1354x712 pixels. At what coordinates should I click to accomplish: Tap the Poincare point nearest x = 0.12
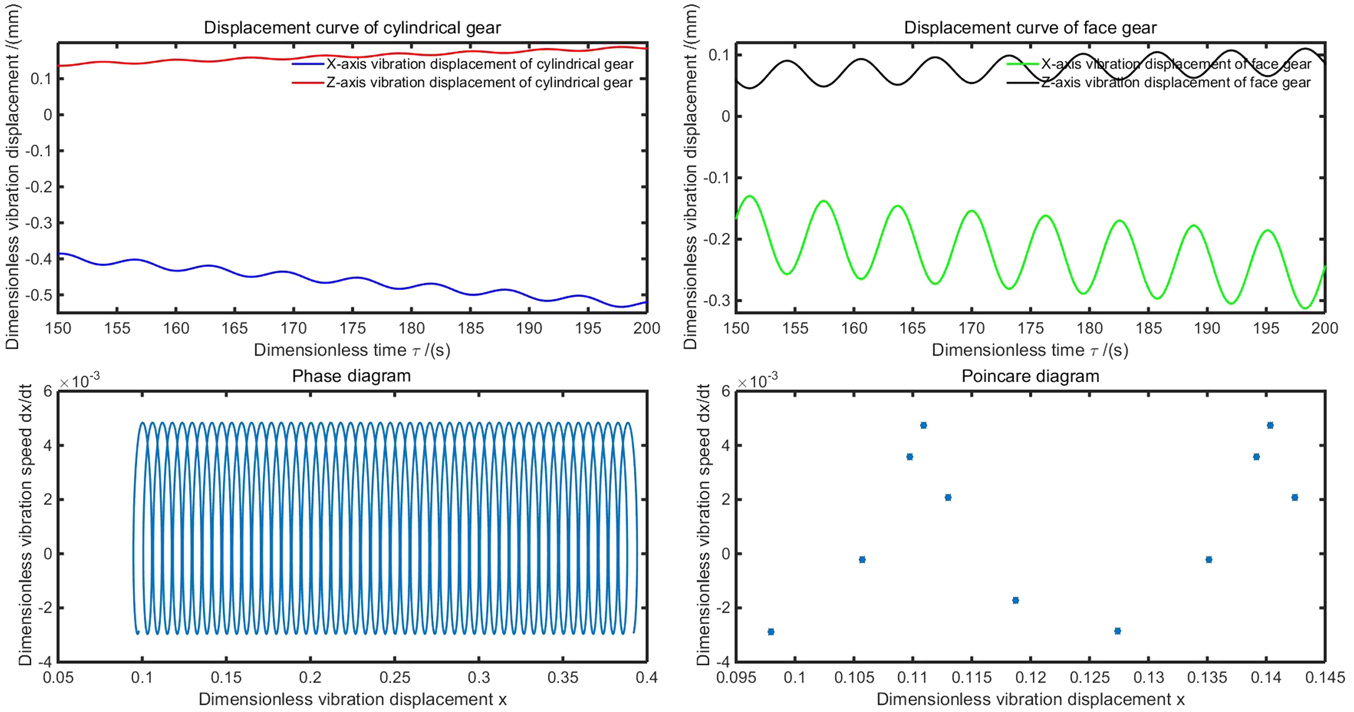(x=1016, y=600)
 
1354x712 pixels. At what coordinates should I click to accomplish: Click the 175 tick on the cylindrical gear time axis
(x=352, y=328)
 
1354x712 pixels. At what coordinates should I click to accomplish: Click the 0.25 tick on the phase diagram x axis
(x=395, y=677)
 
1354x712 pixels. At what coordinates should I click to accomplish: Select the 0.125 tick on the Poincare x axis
(x=1090, y=677)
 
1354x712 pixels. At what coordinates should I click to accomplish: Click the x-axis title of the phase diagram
(x=352, y=699)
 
